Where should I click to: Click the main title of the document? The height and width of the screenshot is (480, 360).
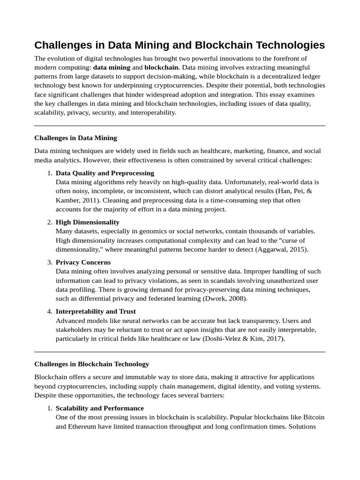tap(180, 45)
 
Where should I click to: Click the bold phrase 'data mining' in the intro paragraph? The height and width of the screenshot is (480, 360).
tap(112, 67)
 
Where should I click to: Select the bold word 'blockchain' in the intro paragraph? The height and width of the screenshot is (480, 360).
tap(161, 67)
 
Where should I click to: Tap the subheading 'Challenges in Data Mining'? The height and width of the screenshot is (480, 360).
tap(75, 138)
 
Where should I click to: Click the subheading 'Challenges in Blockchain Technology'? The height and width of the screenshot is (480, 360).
tap(92, 364)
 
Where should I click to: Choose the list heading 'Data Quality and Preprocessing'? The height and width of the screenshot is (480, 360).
tap(105, 173)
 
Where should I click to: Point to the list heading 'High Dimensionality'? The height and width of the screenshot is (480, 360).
tap(88, 222)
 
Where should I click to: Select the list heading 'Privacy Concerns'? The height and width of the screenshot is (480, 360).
tap(83, 262)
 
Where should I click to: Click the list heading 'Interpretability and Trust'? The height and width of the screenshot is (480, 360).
tap(96, 311)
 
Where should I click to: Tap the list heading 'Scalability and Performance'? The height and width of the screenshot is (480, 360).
tap(100, 408)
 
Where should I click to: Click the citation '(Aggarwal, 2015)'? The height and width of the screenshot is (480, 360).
tap(282, 249)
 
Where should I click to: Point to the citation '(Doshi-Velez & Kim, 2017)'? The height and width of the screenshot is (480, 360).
tap(244, 338)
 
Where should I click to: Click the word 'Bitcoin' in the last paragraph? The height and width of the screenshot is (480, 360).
tap(313, 417)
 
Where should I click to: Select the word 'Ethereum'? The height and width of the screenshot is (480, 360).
tap(84, 427)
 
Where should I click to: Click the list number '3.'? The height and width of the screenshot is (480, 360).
tap(50, 262)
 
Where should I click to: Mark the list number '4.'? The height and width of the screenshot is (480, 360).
tap(50, 311)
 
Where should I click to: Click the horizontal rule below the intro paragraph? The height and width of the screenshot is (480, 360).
tap(180, 126)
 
